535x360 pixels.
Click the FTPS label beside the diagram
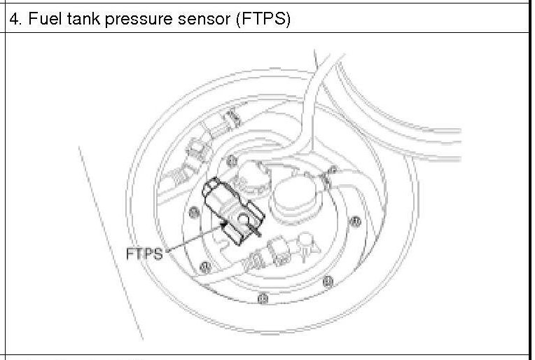click(x=144, y=254)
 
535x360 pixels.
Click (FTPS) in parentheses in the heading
click(x=263, y=19)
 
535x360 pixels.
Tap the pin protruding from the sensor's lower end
click(x=257, y=231)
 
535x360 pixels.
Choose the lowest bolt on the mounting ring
click(x=263, y=298)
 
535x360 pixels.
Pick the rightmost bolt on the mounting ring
click(x=355, y=222)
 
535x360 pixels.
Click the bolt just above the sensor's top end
click(x=231, y=160)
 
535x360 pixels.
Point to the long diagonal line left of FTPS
click(x=111, y=243)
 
